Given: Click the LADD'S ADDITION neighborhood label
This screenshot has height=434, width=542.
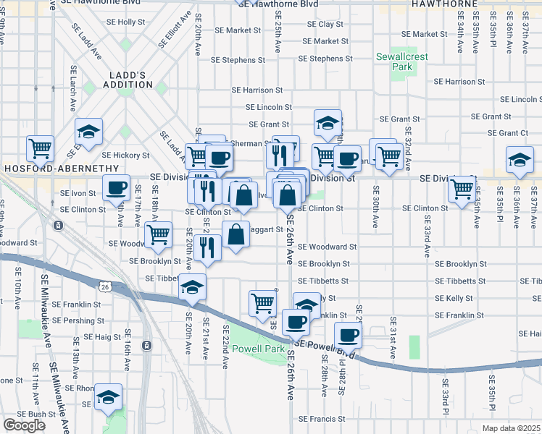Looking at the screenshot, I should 131,80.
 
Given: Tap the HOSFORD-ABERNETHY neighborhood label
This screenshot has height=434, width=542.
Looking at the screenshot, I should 61,168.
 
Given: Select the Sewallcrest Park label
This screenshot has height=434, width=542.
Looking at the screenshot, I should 393,61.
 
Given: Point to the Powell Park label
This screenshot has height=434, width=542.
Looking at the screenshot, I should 259,349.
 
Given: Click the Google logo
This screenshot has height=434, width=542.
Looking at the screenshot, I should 24,425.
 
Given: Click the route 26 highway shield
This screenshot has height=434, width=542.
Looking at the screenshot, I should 106,288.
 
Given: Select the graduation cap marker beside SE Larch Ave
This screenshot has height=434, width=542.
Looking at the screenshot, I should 89,132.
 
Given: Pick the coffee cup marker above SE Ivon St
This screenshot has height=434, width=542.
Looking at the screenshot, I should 116,188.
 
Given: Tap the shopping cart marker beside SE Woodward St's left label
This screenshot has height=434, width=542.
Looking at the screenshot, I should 158,234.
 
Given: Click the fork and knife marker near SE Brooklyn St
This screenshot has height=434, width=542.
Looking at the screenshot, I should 208,248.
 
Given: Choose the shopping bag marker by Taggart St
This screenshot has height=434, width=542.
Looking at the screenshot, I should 236,235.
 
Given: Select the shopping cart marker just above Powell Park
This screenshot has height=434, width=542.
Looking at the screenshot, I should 263,302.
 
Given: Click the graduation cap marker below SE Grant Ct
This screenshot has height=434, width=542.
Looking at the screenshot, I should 520,159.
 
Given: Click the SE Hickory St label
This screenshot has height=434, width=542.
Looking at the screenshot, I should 125,155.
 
